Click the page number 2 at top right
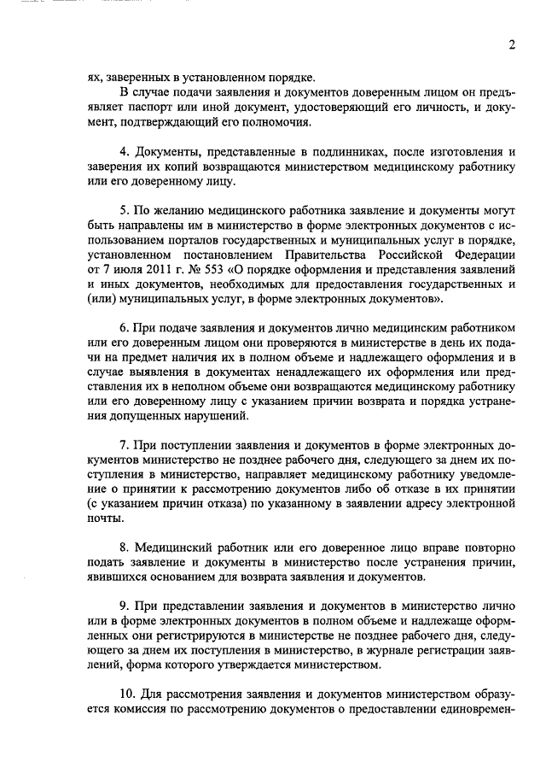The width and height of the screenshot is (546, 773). coord(512,45)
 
